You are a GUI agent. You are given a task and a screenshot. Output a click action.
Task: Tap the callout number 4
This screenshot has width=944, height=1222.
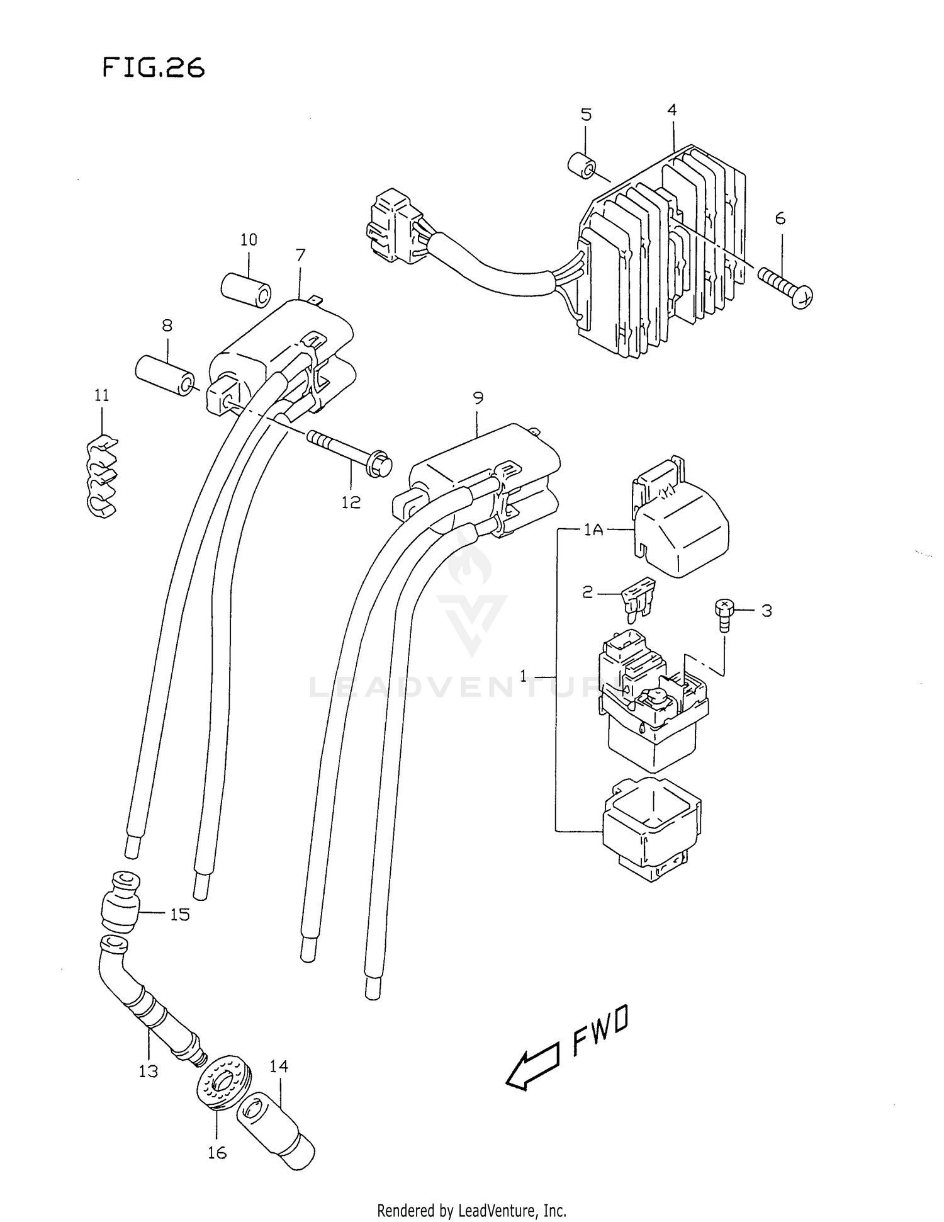(671, 110)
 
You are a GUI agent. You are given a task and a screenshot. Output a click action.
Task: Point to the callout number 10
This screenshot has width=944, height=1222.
(249, 240)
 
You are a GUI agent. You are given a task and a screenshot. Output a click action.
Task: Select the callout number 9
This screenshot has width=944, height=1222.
(478, 398)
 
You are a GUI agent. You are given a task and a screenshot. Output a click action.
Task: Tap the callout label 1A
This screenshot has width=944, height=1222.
(593, 530)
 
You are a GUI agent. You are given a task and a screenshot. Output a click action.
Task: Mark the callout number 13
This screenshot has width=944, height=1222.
(149, 1071)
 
